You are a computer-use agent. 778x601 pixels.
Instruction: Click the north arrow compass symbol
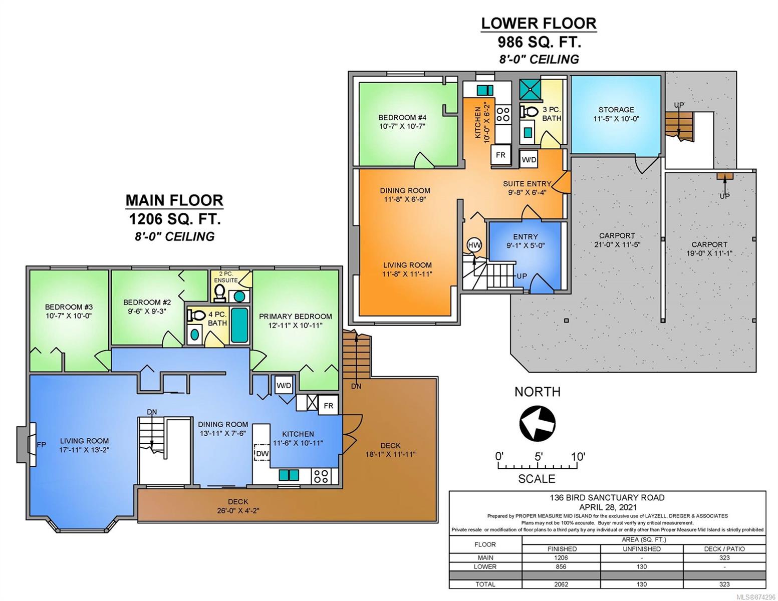537,423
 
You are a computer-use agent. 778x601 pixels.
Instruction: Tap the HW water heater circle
474,245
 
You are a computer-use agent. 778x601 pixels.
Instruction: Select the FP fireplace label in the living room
42,445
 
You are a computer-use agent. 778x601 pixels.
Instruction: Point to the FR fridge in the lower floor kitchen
500,155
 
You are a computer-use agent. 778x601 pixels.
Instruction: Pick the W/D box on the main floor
284,385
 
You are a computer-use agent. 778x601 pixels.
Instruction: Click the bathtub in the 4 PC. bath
239,325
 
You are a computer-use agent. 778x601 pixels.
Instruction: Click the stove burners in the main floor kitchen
321,476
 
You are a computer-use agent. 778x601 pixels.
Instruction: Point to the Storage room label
616,110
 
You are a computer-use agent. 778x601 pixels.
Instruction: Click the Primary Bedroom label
296,317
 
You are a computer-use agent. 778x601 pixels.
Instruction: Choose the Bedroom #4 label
402,117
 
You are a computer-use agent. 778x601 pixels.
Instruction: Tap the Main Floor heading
174,200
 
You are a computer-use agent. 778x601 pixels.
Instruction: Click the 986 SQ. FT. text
539,42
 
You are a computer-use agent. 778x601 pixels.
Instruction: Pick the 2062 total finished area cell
561,584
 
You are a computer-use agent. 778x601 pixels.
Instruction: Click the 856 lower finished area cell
561,566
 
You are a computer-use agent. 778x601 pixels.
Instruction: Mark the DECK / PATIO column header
724,549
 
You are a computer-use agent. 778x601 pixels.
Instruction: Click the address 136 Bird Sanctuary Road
607,497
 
